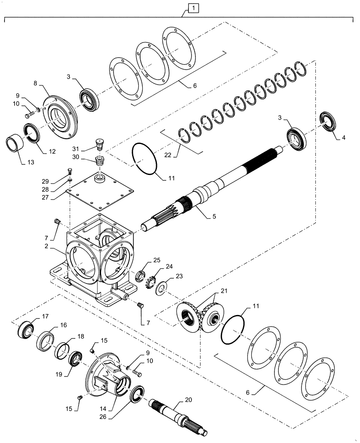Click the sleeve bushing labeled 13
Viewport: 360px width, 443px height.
pyautogui.click(x=14, y=144)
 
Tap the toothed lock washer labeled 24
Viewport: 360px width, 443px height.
pyautogui.click(x=151, y=282)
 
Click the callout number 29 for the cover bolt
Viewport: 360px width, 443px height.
pyautogui.click(x=57, y=182)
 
